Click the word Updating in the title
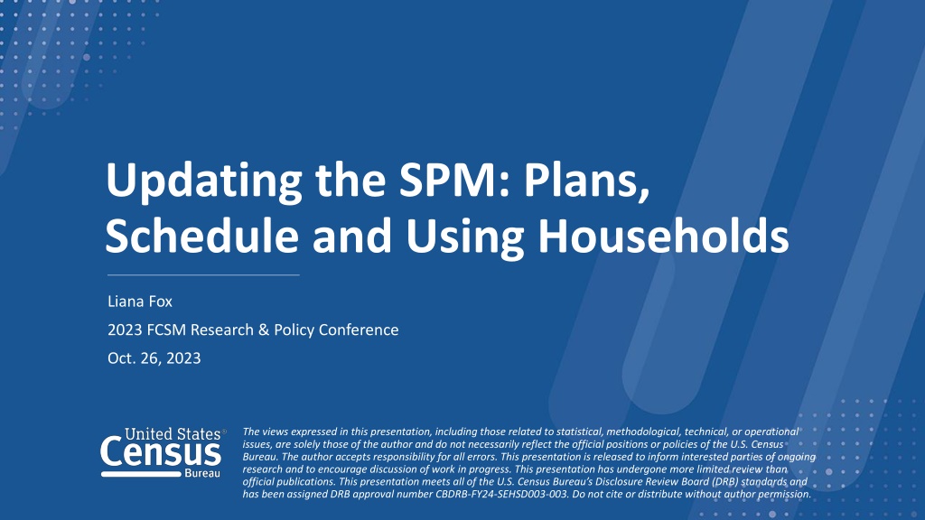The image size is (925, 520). click(203, 181)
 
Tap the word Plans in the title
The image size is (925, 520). click(585, 181)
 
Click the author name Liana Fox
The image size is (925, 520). click(140, 302)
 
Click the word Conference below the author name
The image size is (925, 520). click(358, 330)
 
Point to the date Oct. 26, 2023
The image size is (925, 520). click(154, 358)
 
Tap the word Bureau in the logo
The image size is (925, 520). click(202, 473)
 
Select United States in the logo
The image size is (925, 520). click(173, 434)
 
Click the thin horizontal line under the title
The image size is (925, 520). click(203, 274)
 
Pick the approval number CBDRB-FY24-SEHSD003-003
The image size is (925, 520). click(502, 494)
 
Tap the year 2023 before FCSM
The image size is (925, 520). click(125, 330)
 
